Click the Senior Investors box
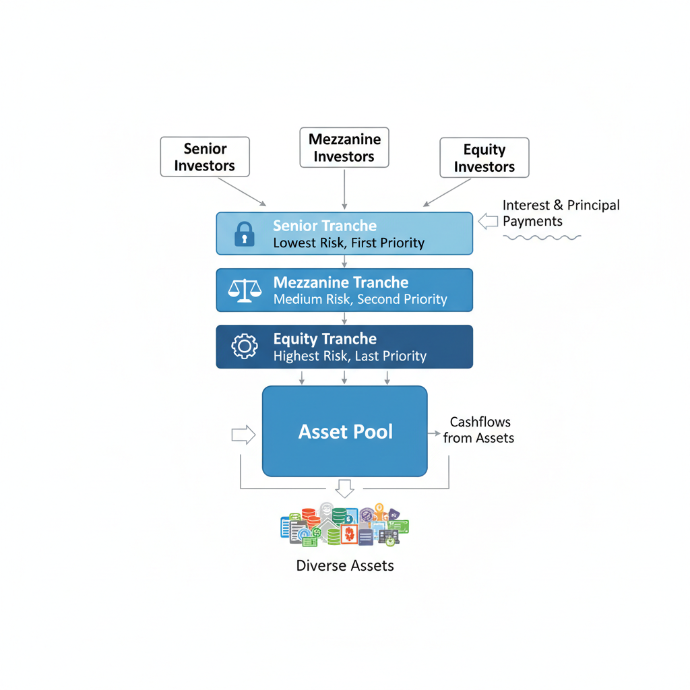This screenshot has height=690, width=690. click(205, 157)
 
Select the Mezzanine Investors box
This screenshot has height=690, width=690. click(344, 148)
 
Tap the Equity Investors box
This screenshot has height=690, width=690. click(484, 158)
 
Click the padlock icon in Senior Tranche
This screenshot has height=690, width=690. click(244, 234)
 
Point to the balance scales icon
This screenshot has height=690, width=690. click(244, 290)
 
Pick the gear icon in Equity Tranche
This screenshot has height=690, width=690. click(244, 346)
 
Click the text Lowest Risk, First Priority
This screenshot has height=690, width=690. click(348, 243)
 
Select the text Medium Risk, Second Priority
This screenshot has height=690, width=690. click(360, 299)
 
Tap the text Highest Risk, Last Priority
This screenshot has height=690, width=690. click(350, 356)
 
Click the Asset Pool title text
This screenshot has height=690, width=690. click(345, 432)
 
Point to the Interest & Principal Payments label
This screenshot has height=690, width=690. click(561, 213)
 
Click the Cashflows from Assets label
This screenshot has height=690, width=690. click(479, 430)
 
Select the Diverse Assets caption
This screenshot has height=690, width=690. click(345, 565)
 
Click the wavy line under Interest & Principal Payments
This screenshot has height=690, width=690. click(542, 237)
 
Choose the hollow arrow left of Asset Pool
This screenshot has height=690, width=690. click(243, 435)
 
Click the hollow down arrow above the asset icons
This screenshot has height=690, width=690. click(344, 488)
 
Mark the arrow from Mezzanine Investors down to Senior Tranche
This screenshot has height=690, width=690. click(344, 189)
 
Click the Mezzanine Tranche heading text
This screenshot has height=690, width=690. click(341, 282)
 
